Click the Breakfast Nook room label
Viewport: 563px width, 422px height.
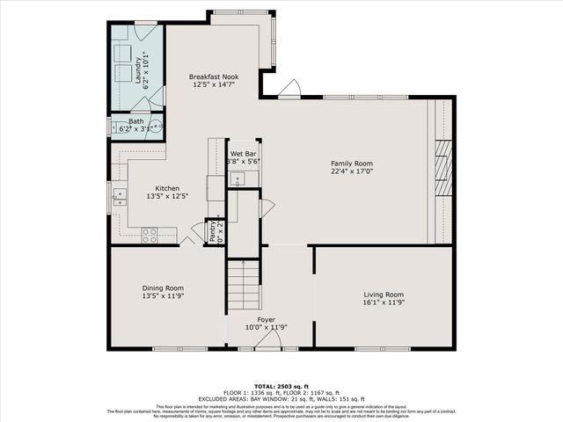coord(216,76)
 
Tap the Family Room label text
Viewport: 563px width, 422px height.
coord(351,164)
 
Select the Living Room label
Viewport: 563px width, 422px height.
coord(384,295)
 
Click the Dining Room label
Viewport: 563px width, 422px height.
coord(163,287)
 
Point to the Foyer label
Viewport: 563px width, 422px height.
coord(266,319)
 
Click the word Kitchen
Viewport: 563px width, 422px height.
coord(167,189)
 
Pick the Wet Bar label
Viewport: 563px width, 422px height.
coord(243,154)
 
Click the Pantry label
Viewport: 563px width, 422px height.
coord(212,231)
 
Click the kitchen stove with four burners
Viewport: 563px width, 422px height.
coord(150,236)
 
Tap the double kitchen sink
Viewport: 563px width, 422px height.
coord(120,197)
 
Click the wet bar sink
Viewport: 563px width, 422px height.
coord(237,179)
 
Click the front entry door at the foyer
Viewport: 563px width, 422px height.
coord(260,347)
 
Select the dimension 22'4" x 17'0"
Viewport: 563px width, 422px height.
coord(351,172)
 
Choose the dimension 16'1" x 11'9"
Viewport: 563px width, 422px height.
coord(384,303)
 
